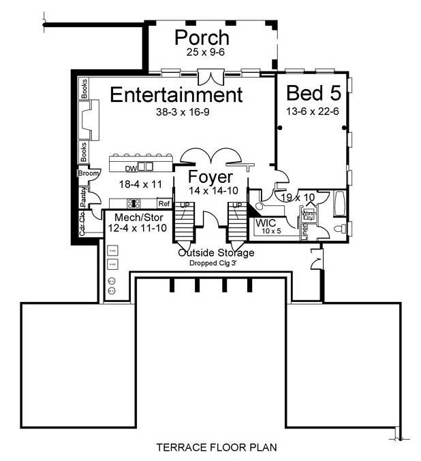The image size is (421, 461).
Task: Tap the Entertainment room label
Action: [x=176, y=94]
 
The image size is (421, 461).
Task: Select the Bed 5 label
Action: [x=313, y=93]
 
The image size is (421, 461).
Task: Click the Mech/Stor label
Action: [x=131, y=218]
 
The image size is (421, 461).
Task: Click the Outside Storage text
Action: [x=216, y=253]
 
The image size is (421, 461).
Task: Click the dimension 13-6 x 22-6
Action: [x=313, y=111]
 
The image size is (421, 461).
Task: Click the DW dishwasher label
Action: [x=131, y=168]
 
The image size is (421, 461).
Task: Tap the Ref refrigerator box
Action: [x=163, y=203]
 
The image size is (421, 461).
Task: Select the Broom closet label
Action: [x=89, y=174]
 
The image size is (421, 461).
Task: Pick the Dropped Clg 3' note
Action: [x=216, y=262]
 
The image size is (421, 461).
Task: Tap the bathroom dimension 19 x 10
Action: [x=298, y=197]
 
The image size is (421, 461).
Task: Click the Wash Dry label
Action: [x=309, y=216]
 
